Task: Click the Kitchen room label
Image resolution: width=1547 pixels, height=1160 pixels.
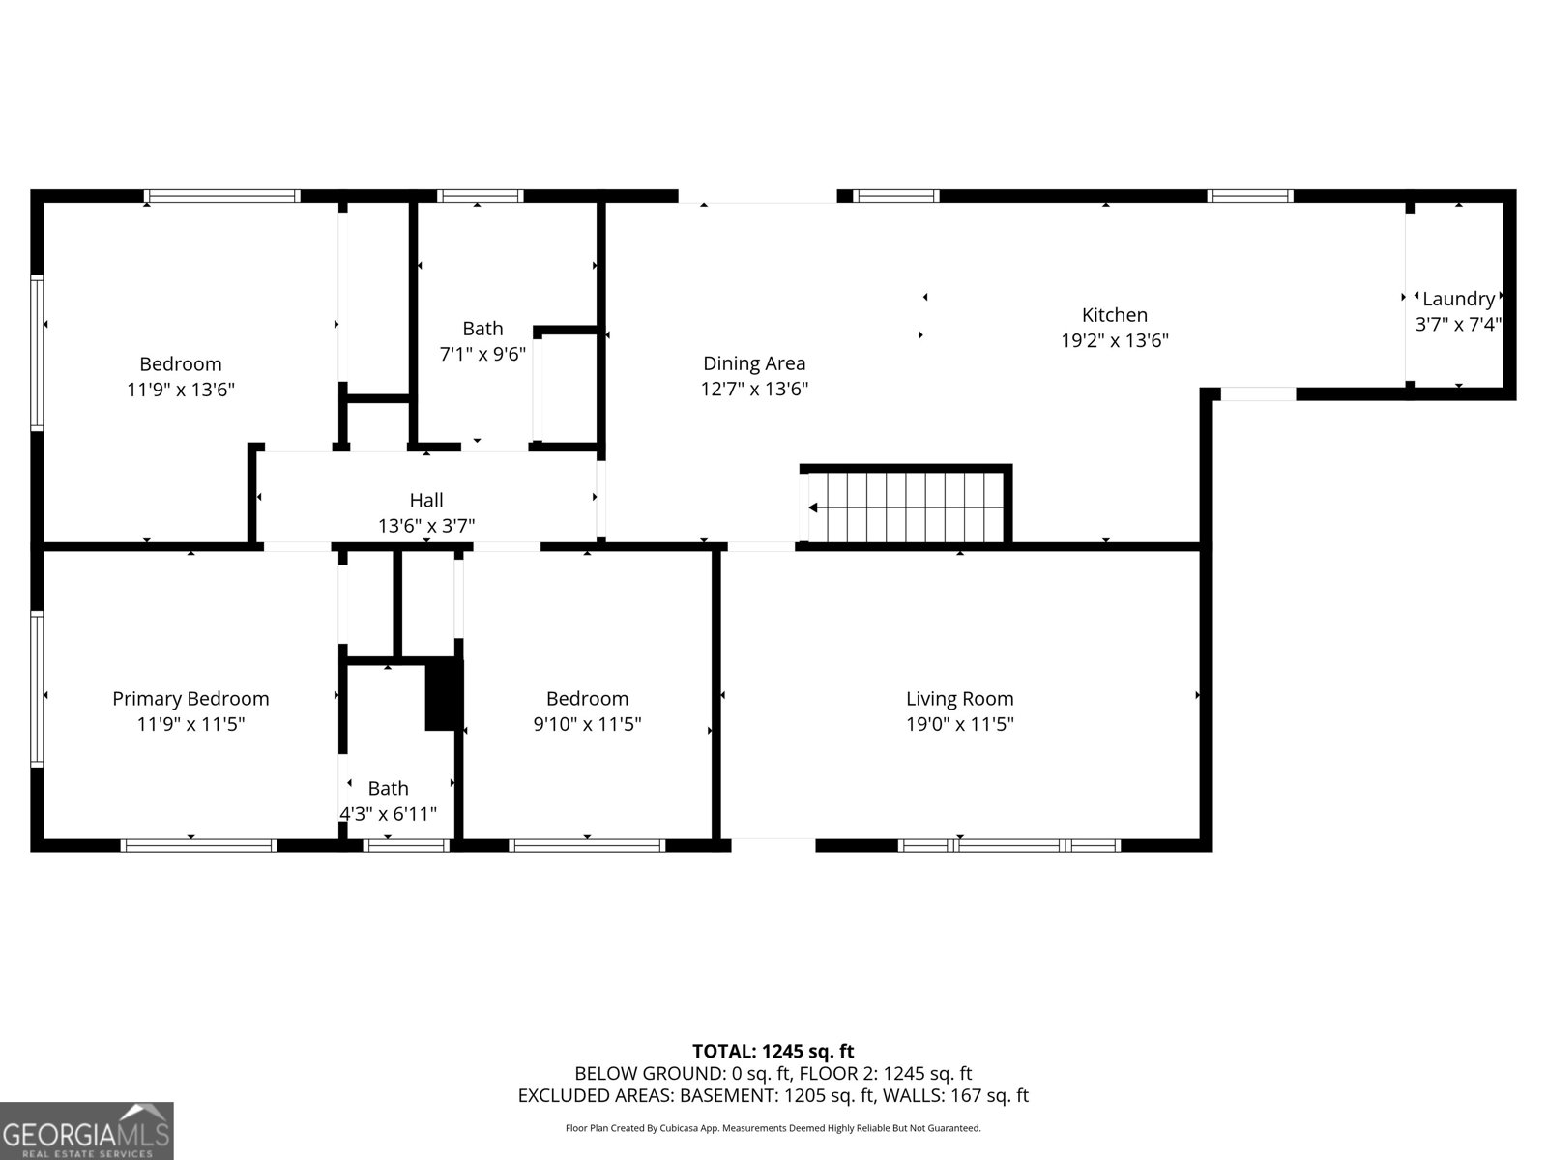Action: click(x=1114, y=315)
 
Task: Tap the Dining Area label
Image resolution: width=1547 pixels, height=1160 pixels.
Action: click(x=753, y=363)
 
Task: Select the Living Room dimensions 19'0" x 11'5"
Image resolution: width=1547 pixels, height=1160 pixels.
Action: click(x=959, y=724)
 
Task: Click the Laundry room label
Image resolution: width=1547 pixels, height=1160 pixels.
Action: click(x=1457, y=300)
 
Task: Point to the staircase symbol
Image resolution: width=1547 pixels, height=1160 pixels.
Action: click(x=909, y=507)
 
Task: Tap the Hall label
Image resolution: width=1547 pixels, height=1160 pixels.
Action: click(x=425, y=500)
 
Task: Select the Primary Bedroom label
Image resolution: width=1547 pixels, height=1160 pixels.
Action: click(x=190, y=698)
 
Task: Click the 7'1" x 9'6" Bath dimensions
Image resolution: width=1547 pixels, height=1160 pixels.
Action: click(x=482, y=354)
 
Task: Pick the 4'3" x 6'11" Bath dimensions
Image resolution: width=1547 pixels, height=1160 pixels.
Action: click(x=388, y=814)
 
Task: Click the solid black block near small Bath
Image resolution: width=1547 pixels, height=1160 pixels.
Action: click(x=444, y=694)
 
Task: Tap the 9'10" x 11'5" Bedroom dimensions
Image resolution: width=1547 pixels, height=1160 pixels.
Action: click(x=587, y=724)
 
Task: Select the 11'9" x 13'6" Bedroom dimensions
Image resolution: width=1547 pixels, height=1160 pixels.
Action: click(x=181, y=390)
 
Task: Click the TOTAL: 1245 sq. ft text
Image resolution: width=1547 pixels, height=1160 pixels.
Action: click(x=773, y=1051)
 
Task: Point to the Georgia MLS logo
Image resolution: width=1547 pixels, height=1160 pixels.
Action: click(x=87, y=1131)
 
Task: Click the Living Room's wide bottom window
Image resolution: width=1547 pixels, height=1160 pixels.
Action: click(x=1009, y=845)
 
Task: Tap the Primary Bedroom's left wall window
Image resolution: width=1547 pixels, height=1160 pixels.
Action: click(x=37, y=688)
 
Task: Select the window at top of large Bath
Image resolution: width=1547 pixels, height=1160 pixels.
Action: click(x=480, y=196)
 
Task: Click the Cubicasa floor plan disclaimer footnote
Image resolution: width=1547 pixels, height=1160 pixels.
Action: click(x=773, y=1128)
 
